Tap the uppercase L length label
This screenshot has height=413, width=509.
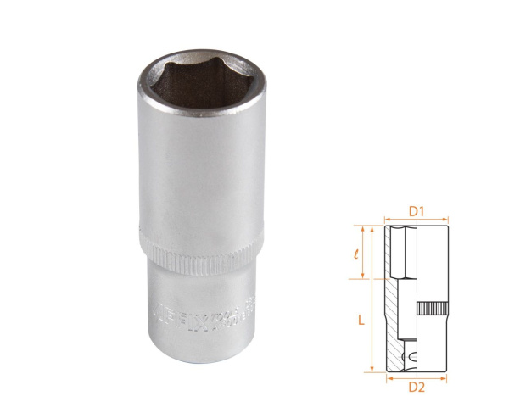click(x=361, y=320)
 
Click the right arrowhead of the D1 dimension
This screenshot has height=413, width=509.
click(x=447, y=219)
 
